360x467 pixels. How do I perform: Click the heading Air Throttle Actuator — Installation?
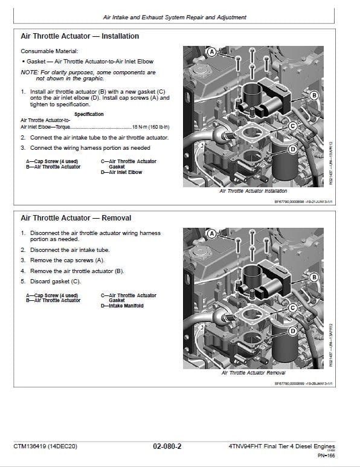click(80, 36)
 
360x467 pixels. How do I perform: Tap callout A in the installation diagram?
click(211, 53)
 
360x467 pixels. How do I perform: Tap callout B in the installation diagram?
click(313, 95)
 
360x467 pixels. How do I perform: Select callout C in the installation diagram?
click(292, 126)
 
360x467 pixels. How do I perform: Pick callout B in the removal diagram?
click(313, 277)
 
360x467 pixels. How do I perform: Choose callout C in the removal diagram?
click(292, 308)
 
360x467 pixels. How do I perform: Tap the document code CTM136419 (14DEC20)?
click(45, 446)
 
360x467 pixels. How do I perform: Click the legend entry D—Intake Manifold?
click(122, 306)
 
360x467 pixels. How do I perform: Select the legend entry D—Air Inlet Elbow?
click(121, 172)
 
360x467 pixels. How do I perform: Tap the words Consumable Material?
click(49, 52)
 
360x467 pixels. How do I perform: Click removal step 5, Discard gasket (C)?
click(55, 281)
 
